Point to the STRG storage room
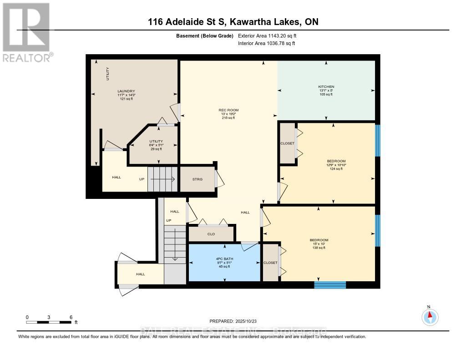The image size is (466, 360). pos(198,179)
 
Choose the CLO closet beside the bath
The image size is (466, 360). pos(211,234)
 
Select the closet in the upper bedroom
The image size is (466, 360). pos(287,143)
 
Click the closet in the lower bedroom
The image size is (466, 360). pos(270,263)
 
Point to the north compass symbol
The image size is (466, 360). pos(430,316)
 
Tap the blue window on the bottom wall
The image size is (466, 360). pos(330,285)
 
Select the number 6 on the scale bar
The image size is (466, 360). pos(71,317)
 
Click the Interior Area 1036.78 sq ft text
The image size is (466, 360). pos(267,43)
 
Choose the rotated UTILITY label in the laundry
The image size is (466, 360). pos(108,74)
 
